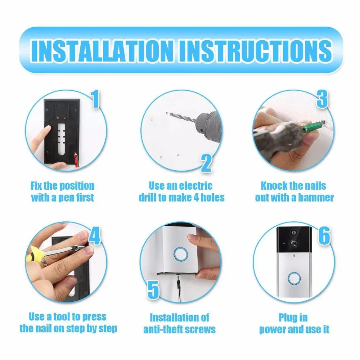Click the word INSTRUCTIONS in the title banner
[x=255, y=50]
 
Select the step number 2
[x=206, y=163]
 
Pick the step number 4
[x=94, y=236]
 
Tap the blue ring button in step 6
[x=294, y=279]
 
